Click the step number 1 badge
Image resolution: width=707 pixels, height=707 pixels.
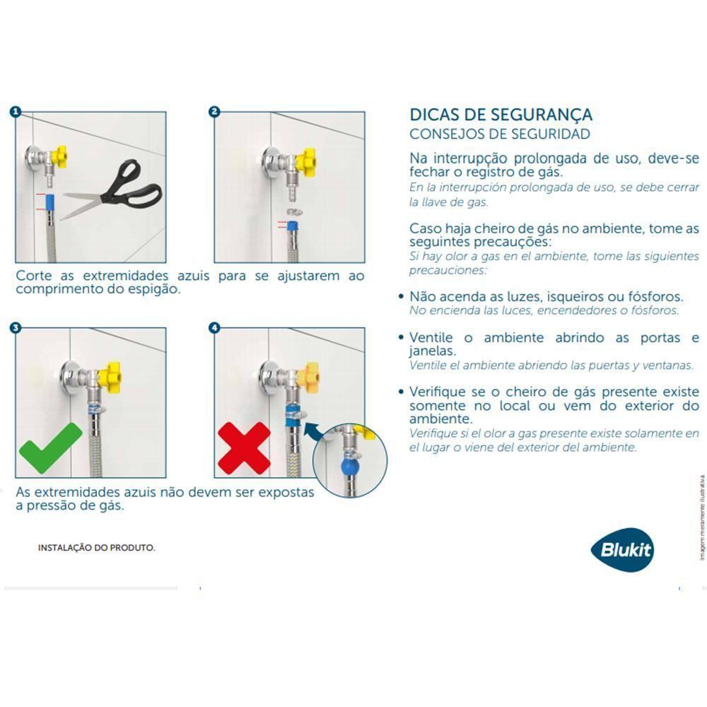(16, 112)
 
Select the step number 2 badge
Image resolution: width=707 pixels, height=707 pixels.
(215, 112)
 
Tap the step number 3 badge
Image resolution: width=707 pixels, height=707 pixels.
(16, 328)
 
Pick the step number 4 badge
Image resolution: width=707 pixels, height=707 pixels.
(215, 328)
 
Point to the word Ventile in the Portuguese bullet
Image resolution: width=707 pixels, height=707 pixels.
(433, 338)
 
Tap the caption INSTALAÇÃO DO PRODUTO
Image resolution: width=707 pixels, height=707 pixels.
(96, 548)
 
